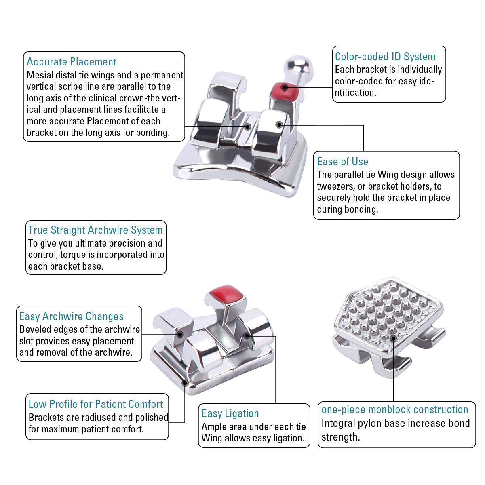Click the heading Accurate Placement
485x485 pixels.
point(72,62)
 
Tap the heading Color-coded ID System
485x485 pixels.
point(385,57)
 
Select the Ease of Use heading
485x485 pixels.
point(343,162)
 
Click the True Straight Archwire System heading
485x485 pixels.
point(95,230)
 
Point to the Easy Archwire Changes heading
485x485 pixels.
point(72,316)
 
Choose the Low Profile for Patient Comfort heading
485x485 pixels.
point(96,404)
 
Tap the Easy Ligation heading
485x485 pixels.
point(230,413)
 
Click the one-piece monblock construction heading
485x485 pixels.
point(394,409)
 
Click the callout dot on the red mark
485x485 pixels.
point(285,88)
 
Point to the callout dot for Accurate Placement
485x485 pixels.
point(248,127)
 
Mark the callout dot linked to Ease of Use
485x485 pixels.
point(279,124)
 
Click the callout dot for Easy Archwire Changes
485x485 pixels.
point(180,335)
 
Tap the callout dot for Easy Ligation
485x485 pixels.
point(247,336)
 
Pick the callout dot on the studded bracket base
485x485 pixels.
point(393,339)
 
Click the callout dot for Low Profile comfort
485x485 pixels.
point(185,383)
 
